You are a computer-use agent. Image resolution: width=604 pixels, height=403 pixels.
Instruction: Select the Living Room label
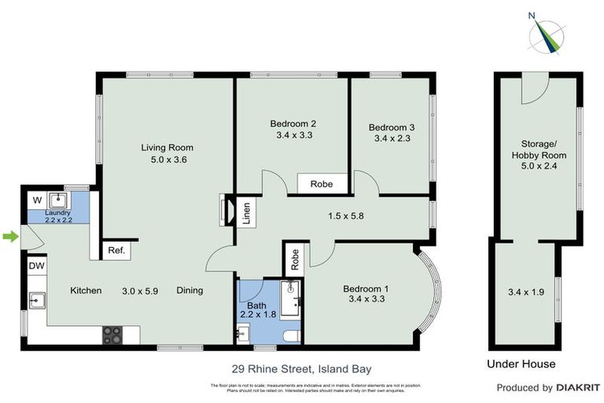(x=167, y=147)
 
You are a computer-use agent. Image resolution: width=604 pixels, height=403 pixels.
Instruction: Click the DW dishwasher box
(x=37, y=267)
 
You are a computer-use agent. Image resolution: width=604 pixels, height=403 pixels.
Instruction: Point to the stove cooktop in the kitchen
(x=111, y=335)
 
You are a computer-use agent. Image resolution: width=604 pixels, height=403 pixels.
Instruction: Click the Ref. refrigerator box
(x=116, y=251)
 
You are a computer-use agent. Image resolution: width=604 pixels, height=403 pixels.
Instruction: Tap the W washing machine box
(x=36, y=200)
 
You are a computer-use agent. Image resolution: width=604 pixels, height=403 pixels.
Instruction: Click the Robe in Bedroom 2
(x=321, y=184)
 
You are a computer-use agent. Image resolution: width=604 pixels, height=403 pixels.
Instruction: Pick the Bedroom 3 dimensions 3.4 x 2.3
(x=392, y=139)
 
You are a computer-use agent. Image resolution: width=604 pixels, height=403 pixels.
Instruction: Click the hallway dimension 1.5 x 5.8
(x=340, y=214)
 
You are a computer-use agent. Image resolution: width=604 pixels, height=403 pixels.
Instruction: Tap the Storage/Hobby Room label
(x=543, y=150)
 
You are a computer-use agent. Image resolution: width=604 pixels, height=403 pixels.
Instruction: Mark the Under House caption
(x=521, y=364)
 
